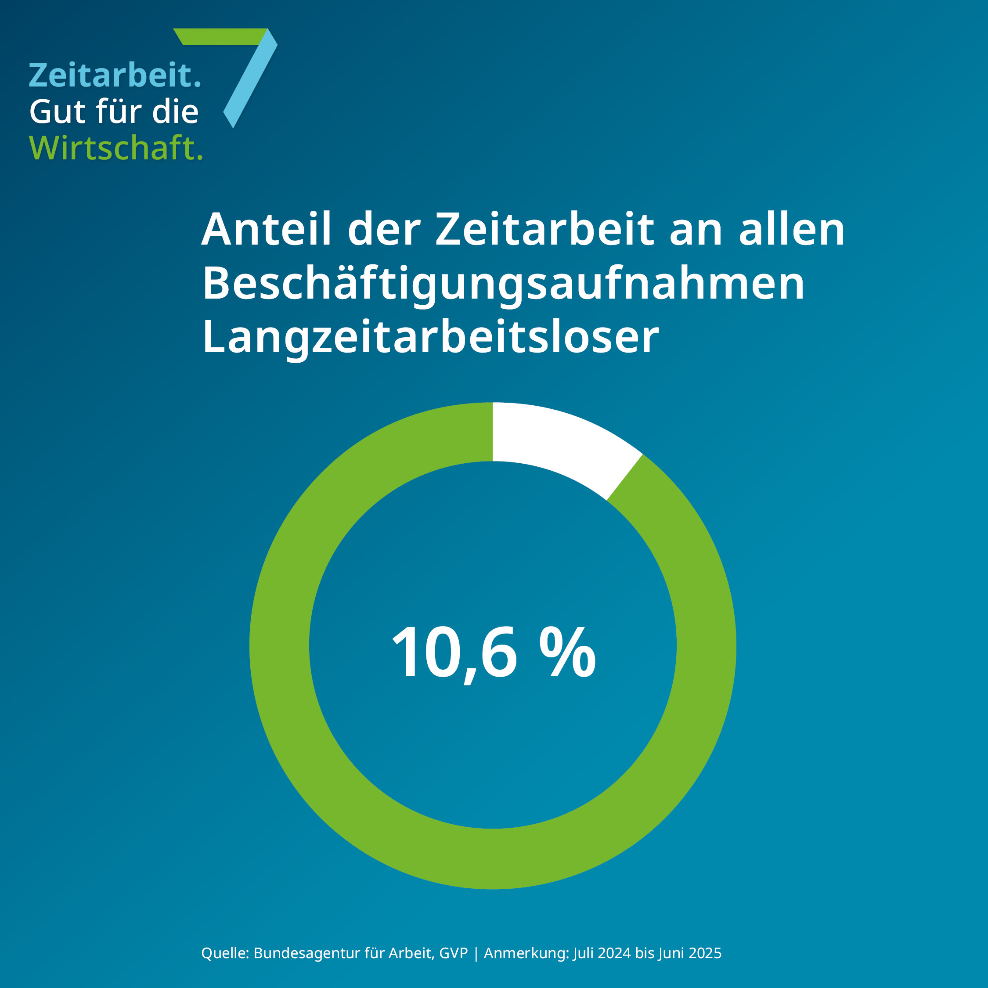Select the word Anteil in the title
pos(267,230)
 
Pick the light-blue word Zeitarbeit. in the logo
pos(115,75)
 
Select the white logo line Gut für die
pos(114,112)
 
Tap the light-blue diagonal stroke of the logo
pos(251,82)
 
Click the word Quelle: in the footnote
pos(225,953)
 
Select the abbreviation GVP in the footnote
pos(453,953)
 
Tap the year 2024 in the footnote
pos(614,953)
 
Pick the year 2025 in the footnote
pos(705,953)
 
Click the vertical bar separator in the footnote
pos(476,954)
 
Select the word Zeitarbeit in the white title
pos(544,230)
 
